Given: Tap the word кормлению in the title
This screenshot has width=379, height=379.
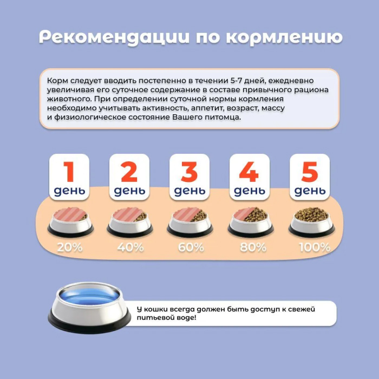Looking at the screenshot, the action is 284,37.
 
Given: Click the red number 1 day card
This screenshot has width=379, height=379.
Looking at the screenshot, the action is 69,177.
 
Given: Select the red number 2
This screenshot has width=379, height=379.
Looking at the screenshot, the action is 129,172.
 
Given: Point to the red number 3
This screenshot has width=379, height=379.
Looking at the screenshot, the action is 190,172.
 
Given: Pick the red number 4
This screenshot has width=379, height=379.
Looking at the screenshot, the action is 249,172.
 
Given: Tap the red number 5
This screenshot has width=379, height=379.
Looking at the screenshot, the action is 310,172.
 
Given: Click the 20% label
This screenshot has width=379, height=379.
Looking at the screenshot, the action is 70,247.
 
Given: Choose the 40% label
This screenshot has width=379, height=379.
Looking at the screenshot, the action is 130,247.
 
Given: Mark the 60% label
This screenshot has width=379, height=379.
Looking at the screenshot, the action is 191,247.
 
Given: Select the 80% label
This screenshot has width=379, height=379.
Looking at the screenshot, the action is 253,247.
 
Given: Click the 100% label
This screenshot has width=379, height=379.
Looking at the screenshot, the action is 315,247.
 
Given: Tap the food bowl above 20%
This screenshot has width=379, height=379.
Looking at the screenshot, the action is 70,221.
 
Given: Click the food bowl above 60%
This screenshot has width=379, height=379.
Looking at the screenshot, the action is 190,221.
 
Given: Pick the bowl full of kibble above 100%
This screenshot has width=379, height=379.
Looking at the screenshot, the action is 311,221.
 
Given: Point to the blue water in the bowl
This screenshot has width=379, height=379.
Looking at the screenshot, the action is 89,296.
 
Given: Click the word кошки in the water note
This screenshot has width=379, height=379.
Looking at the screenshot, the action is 155,309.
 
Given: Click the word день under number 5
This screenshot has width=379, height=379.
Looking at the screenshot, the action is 310,191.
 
